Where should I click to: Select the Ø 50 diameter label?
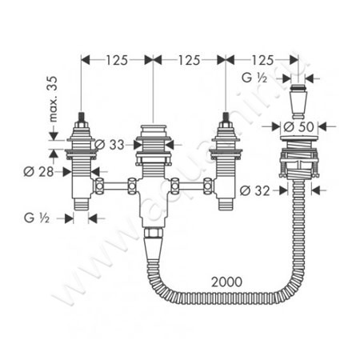pyautogui.click(x=295, y=126)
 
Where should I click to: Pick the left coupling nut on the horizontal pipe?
pyautogui.click(x=102, y=190)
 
